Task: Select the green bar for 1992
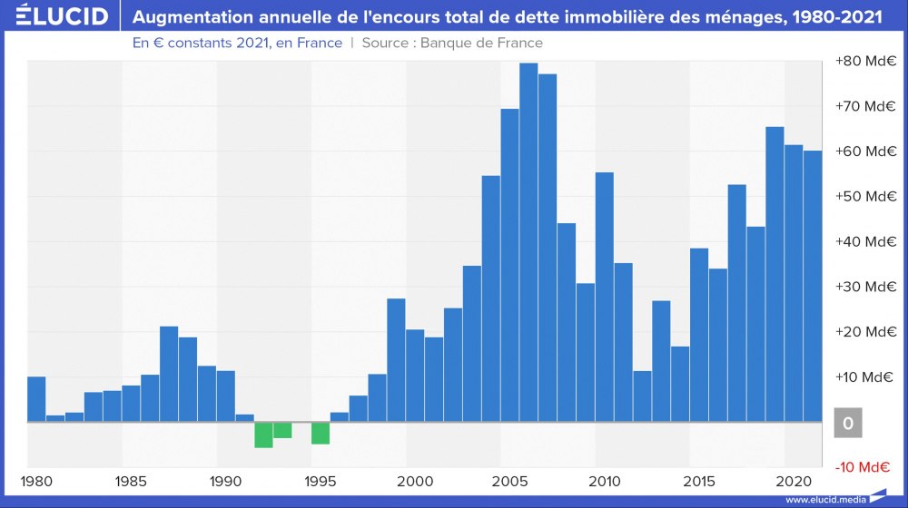tap(263, 435)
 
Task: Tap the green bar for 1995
tap(321, 433)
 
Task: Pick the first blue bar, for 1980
tap(36, 399)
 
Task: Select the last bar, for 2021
tap(813, 286)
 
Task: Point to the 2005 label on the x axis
tap(509, 481)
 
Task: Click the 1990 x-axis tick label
tap(225, 481)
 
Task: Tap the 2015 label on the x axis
tap(699, 481)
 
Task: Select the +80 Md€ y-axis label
tap(865, 61)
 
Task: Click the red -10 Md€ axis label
tap(865, 468)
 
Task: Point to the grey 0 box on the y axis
tap(847, 423)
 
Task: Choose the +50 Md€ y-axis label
tap(865, 197)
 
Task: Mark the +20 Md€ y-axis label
tap(865, 332)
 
